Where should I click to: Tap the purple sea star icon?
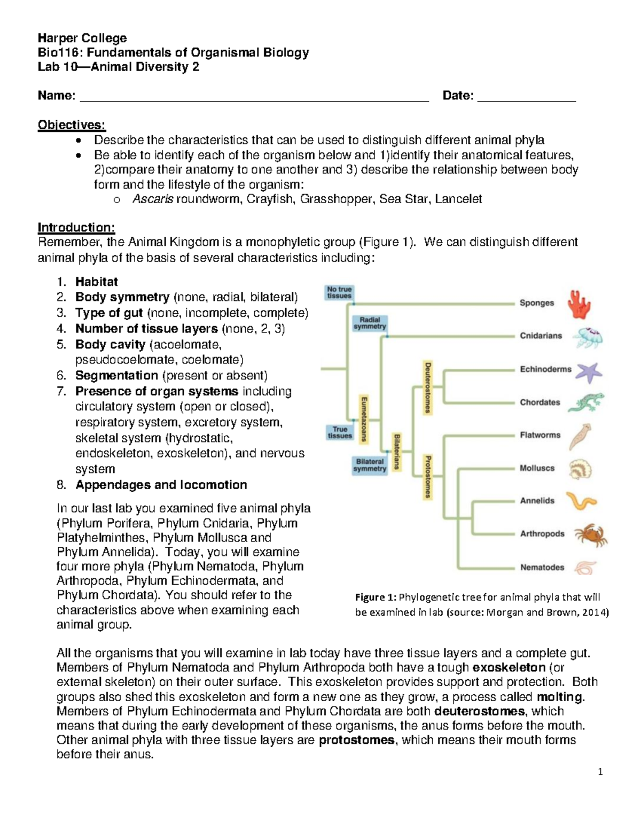(588, 372)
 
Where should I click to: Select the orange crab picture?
(590, 535)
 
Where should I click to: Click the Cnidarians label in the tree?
(541, 336)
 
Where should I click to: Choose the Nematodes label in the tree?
(542, 568)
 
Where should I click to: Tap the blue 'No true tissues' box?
(339, 293)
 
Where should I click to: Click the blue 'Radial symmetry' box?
(370, 323)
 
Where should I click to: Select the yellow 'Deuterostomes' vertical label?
(427, 387)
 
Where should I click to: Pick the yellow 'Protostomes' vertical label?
(427, 476)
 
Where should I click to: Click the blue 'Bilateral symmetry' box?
(370, 466)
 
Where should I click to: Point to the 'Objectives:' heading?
(72, 125)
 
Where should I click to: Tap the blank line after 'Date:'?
(526, 97)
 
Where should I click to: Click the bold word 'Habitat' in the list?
(96, 282)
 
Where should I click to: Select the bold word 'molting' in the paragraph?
(560, 697)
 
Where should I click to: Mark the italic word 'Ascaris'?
(152, 199)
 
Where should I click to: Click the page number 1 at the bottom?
(600, 772)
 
